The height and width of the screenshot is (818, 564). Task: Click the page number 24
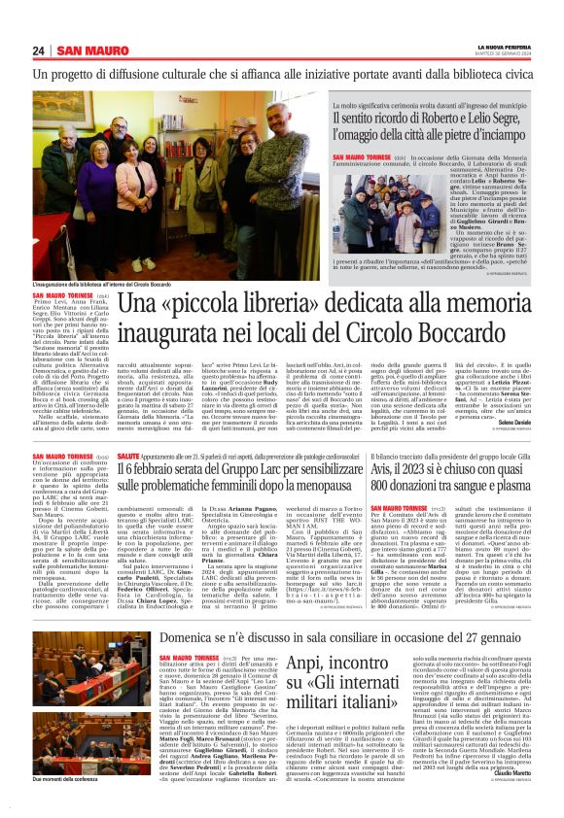(38, 51)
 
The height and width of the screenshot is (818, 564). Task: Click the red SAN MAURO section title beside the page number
(87, 51)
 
